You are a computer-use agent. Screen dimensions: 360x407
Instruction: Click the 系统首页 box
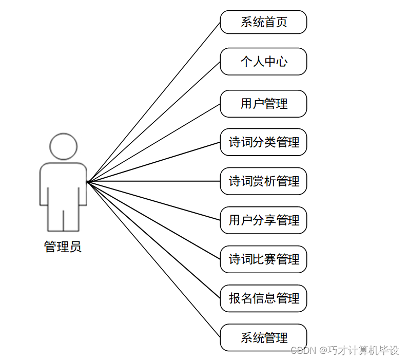coord(263,22)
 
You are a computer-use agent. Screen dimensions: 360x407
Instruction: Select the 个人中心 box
coord(263,62)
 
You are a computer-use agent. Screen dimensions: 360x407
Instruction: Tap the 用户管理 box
coord(263,104)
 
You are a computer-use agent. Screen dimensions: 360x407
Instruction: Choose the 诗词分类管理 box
coord(263,142)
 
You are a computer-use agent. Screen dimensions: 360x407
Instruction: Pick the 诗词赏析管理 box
coord(263,181)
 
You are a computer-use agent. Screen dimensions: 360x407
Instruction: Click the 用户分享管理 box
coord(263,220)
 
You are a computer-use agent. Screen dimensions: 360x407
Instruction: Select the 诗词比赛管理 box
coord(263,259)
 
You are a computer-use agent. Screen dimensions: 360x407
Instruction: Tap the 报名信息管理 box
coord(263,298)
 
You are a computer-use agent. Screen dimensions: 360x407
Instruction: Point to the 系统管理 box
coord(263,337)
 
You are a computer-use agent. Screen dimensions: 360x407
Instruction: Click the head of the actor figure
coord(64,146)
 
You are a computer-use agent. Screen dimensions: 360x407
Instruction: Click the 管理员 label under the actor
coord(63,247)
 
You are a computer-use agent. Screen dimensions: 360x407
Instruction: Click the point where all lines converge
coord(88,181)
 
